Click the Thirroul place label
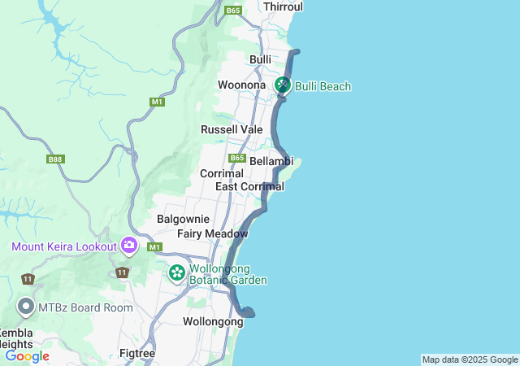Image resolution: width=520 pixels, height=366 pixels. point(283,7)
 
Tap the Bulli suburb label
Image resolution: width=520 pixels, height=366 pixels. point(260,59)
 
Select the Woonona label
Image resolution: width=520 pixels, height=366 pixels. point(241,85)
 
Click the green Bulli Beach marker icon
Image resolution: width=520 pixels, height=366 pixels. point(282,85)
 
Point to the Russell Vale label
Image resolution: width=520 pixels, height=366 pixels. point(232,129)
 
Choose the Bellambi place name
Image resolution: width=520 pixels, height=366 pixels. point(271,161)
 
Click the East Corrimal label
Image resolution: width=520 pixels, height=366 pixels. point(249,186)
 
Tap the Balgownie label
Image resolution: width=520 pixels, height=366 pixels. point(183,219)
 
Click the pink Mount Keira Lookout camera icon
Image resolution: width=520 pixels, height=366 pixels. point(128,245)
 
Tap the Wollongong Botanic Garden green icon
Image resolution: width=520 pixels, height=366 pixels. point(176,273)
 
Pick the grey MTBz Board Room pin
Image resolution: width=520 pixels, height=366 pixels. point(25,307)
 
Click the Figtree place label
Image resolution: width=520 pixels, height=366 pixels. point(136,353)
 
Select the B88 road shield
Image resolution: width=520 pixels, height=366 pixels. point(55,159)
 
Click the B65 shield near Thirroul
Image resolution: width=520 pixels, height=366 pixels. point(234,11)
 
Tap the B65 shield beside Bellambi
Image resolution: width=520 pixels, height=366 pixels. point(237,158)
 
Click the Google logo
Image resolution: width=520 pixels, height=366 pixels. point(27,356)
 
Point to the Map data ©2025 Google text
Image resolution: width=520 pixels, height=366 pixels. point(470,359)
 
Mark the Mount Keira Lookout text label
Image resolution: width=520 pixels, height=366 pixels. point(64,246)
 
